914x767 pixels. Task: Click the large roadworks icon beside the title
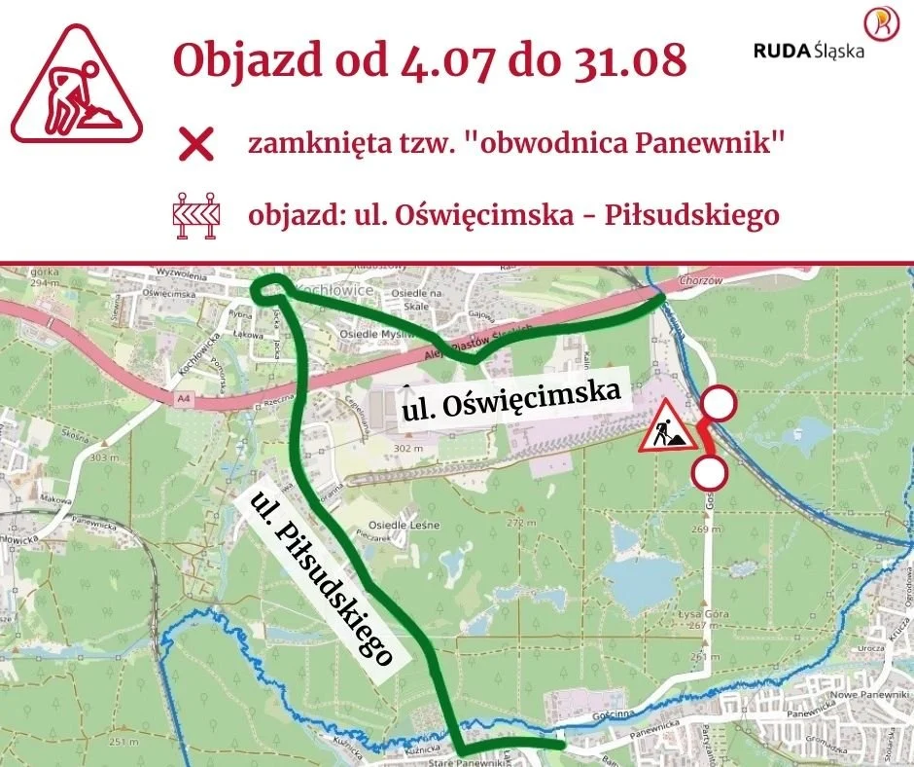[x=77, y=83]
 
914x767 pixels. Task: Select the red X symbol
[x=196, y=146]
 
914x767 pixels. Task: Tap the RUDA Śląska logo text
[x=808, y=51]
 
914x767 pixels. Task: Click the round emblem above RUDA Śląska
[x=881, y=23]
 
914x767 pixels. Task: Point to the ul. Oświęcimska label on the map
[x=511, y=401]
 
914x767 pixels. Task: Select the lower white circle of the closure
[x=710, y=474]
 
